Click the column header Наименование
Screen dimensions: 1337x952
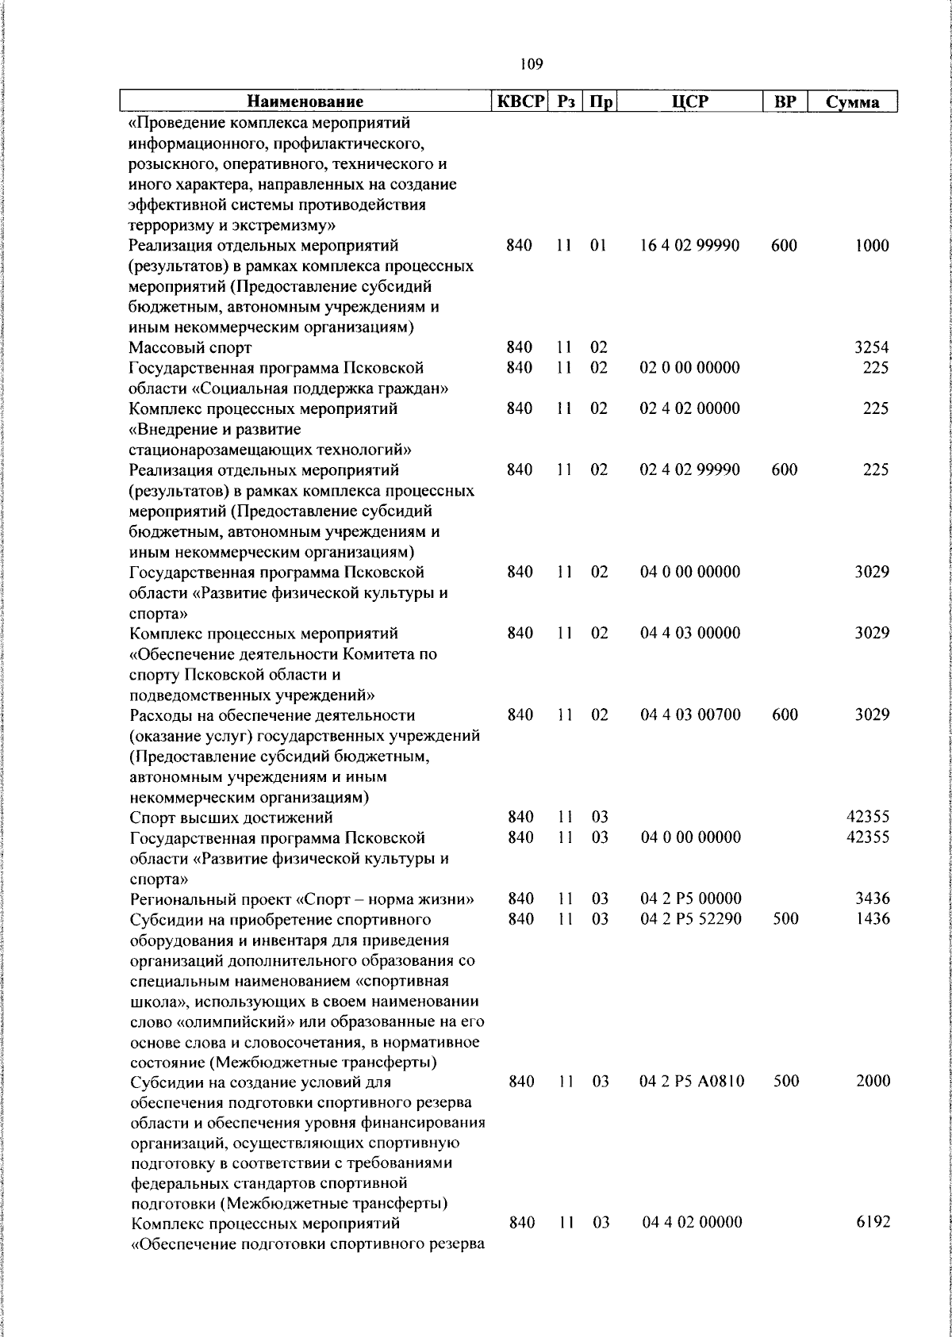(305, 102)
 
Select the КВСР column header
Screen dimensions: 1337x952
(520, 102)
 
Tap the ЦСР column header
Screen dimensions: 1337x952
(689, 102)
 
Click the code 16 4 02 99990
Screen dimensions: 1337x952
(689, 246)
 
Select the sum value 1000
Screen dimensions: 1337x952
(872, 246)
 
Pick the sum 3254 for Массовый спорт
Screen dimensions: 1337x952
(871, 347)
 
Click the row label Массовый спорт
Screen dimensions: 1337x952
(190, 347)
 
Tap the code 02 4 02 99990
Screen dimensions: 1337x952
(689, 469)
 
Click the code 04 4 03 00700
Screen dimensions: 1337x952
(690, 714)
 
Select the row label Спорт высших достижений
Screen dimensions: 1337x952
(231, 818)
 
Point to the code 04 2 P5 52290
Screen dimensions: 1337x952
(690, 919)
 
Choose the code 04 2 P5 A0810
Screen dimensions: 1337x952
(692, 1082)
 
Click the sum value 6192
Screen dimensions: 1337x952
(872, 1223)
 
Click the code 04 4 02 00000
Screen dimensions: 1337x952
(692, 1223)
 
